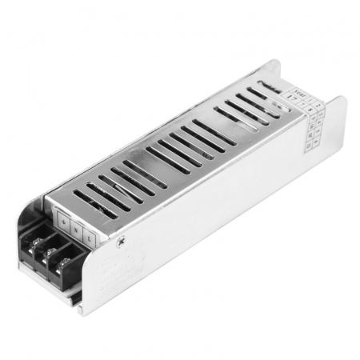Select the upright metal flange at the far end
tap(336, 120)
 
